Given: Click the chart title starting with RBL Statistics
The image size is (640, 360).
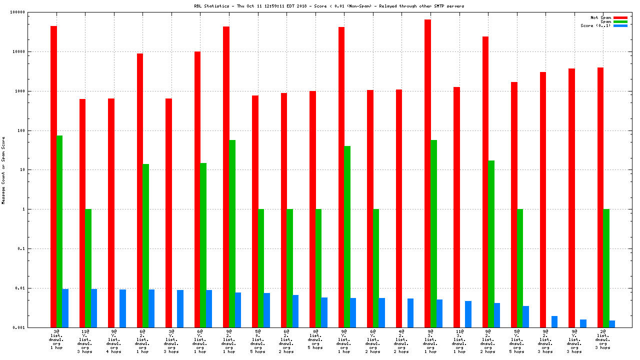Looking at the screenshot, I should (x=329, y=6).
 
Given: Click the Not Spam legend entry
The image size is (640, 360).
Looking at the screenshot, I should (x=601, y=17).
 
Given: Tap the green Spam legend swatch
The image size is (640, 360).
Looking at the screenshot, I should (x=620, y=21).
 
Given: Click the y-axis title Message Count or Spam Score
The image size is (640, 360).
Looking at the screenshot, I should (x=3, y=170).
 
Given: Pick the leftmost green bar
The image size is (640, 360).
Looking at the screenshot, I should (x=59, y=231).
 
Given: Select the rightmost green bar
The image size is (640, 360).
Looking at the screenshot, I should (x=606, y=268).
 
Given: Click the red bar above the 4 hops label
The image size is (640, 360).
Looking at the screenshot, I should (x=111, y=213).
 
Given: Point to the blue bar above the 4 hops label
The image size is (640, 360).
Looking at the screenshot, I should (x=122, y=308).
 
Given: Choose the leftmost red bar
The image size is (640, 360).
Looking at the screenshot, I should (x=53, y=176).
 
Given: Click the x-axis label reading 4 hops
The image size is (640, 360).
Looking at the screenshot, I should (x=114, y=351).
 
